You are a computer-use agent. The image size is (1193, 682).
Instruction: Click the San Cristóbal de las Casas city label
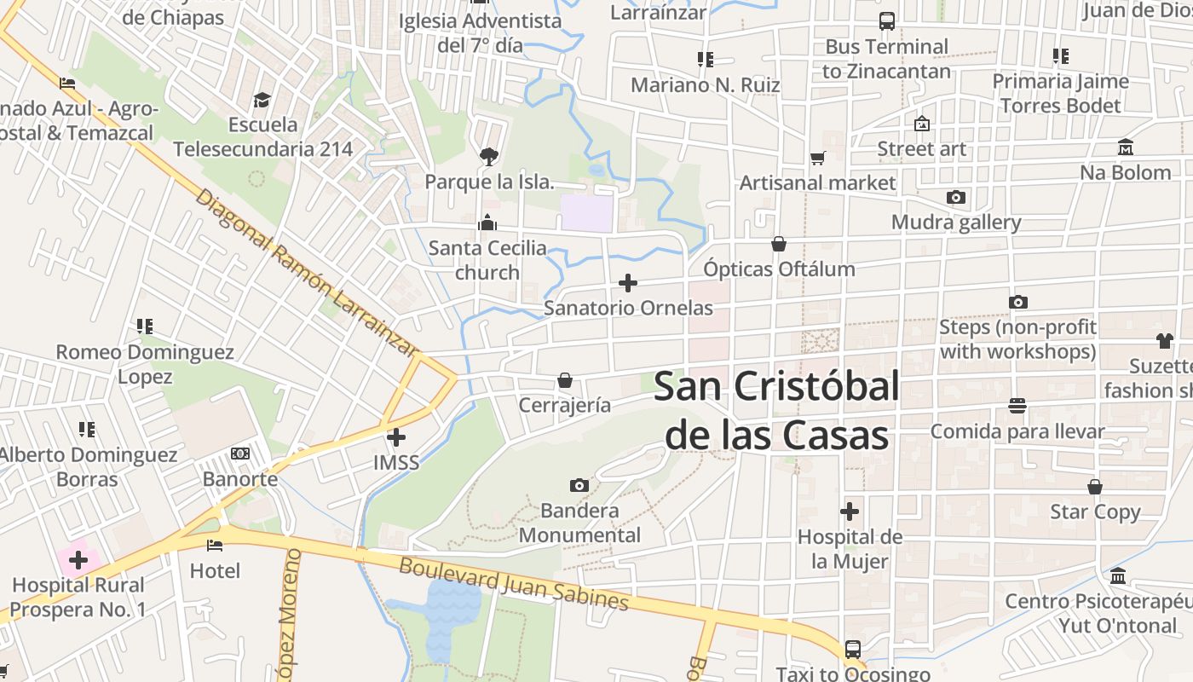click(776, 411)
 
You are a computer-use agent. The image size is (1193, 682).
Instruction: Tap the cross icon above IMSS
click(396, 437)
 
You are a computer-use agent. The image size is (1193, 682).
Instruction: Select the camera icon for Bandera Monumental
click(579, 485)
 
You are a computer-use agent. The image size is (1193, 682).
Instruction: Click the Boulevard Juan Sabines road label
click(514, 584)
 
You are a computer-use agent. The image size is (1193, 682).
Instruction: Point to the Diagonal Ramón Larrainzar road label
click(308, 272)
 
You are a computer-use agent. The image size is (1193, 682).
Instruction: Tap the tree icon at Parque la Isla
click(488, 156)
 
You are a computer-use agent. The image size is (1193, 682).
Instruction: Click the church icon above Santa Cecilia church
click(487, 223)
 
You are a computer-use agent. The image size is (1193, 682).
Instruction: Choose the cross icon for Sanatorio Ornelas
click(628, 282)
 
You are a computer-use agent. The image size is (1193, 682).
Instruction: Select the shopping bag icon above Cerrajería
click(564, 379)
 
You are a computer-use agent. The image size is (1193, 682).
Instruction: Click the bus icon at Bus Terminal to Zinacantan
click(886, 21)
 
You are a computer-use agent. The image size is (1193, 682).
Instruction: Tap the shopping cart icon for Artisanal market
click(818, 158)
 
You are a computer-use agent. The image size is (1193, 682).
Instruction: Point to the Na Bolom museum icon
click(1125, 147)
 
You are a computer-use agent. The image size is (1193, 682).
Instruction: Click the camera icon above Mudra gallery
click(956, 198)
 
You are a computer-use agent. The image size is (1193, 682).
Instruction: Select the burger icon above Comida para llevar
click(1017, 406)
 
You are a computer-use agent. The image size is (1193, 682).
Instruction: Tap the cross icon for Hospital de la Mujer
click(850, 511)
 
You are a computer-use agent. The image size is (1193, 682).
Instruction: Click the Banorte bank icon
click(240, 454)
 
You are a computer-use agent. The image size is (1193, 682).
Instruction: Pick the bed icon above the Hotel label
click(215, 545)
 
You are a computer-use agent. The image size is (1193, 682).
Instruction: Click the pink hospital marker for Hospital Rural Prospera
click(78, 560)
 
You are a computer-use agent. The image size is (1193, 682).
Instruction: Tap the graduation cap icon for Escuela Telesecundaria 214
click(262, 100)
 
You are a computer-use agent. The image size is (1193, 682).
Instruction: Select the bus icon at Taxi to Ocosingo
click(852, 649)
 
